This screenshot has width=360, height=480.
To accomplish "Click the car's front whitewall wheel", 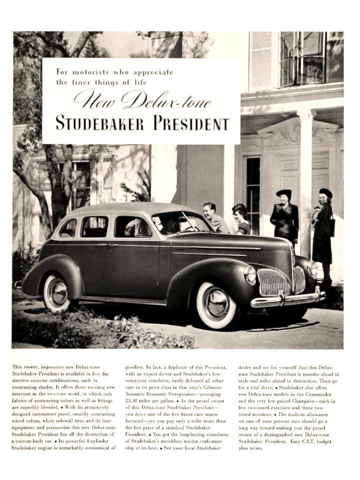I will tap(216, 305).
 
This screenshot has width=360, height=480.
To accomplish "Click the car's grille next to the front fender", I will tap(274, 282).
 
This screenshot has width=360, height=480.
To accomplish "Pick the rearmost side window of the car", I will tap(68, 228).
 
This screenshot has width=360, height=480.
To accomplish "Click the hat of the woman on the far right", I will tap(325, 192).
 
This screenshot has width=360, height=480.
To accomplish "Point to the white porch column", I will tap(305, 178).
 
